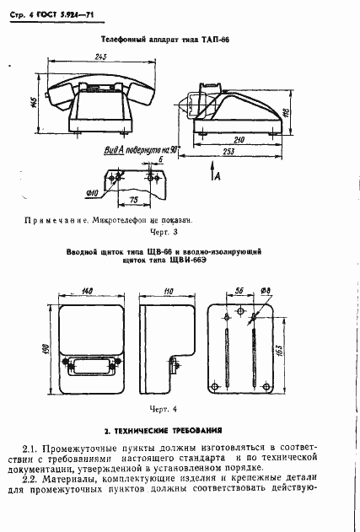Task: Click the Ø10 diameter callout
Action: point(92,193)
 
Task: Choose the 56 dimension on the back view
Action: point(239,291)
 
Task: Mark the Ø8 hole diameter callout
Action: point(265,291)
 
